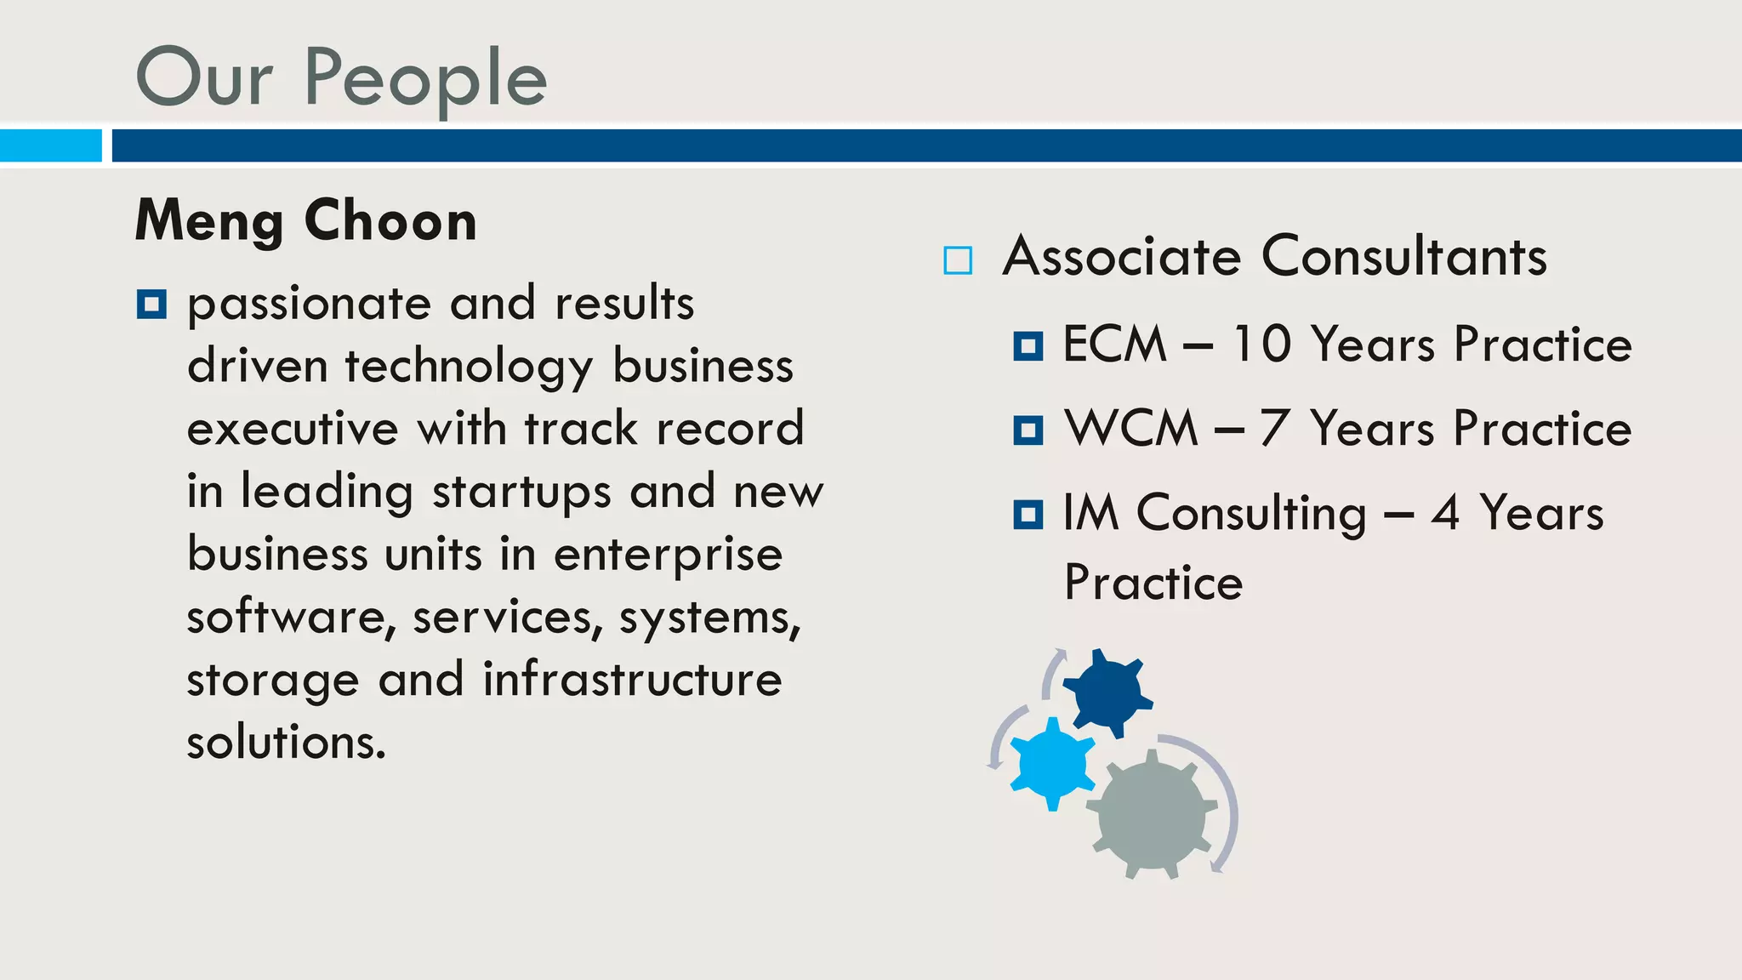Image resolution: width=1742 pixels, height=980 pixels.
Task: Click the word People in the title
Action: [425, 79]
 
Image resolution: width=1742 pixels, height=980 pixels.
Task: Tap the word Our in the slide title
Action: [204, 79]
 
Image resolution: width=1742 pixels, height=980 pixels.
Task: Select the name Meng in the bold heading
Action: [209, 221]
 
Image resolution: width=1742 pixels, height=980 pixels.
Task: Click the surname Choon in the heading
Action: [390, 221]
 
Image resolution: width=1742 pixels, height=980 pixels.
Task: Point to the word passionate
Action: [309, 305]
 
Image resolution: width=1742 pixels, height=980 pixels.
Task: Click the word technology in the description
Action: [469, 367]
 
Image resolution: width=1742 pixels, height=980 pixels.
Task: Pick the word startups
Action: [521, 493]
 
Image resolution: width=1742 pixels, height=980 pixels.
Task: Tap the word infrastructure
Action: [632, 680]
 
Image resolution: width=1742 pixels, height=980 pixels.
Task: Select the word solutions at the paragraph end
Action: [286, 742]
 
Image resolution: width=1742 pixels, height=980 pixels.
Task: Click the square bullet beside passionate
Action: [151, 304]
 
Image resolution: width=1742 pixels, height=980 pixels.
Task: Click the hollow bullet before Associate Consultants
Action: [958, 260]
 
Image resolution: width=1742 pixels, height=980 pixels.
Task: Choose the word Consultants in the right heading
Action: [1404, 256]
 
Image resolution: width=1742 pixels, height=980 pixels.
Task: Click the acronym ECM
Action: [1114, 345]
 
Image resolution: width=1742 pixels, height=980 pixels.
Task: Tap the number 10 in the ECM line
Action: [1261, 345]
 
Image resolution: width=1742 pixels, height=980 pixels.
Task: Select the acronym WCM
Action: [1131, 428]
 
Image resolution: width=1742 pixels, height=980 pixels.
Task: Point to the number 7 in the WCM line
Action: [1273, 428]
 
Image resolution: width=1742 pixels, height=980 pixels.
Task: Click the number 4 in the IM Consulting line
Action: [1445, 513]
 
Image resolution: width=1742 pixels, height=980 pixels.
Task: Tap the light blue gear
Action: [1052, 763]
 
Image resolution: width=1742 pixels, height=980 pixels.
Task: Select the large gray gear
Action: [1151, 815]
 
